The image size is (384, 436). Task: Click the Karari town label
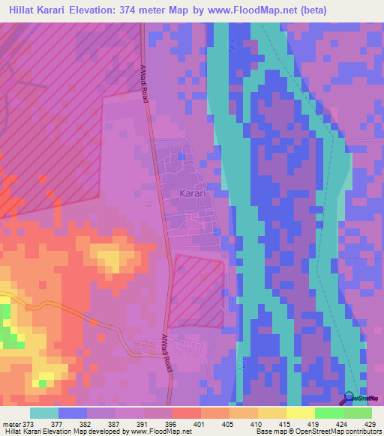pyautogui.click(x=193, y=193)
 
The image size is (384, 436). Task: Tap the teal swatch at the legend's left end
pyautogui.click(x=43, y=413)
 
